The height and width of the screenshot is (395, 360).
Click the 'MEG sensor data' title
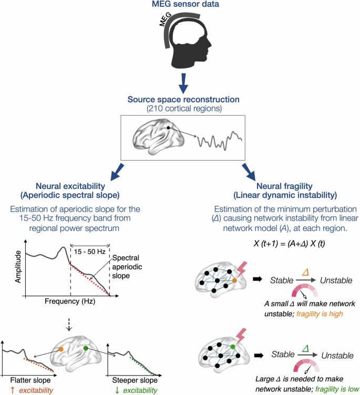click(180, 6)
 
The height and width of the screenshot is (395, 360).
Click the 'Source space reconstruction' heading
click(180, 100)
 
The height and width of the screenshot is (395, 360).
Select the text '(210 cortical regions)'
click(180, 110)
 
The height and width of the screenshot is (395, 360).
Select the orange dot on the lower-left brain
click(61, 349)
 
